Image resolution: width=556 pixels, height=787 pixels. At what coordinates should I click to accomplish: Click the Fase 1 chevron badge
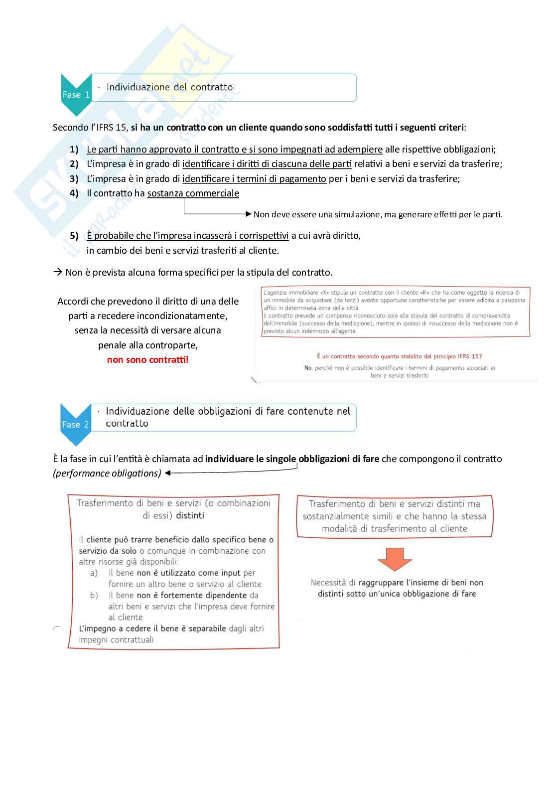coord(76,94)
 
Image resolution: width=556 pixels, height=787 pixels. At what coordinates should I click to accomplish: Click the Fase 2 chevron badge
coord(76,424)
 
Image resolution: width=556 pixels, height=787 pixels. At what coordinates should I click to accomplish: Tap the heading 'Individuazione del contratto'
coord(169,87)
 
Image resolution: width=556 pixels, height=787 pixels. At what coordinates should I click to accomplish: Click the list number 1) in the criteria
coord(74,149)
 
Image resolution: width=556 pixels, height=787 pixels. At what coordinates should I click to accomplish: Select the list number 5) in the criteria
coord(74,235)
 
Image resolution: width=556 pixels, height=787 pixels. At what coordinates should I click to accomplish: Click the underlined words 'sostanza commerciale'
coord(193,193)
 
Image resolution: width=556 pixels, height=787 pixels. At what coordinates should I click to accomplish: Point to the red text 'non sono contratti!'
coord(147,360)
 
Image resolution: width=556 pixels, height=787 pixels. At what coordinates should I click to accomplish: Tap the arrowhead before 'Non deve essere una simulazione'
coord(249,214)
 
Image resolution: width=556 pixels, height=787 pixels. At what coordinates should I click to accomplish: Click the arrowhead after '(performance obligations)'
coord(168,473)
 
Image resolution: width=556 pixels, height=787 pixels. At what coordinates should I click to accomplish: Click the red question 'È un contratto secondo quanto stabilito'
coord(399,356)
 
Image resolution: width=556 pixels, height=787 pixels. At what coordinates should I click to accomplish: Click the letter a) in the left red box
coord(94,573)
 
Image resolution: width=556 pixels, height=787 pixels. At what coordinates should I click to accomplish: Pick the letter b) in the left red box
coord(94,596)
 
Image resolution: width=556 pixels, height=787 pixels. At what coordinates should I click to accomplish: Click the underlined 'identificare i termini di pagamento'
coord(254,179)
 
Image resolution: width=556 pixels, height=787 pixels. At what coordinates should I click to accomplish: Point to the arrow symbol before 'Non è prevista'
coord(57,273)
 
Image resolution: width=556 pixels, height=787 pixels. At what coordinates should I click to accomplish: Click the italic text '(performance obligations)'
coord(107,473)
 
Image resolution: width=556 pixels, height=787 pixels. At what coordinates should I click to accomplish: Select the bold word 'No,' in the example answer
coord(308,368)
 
